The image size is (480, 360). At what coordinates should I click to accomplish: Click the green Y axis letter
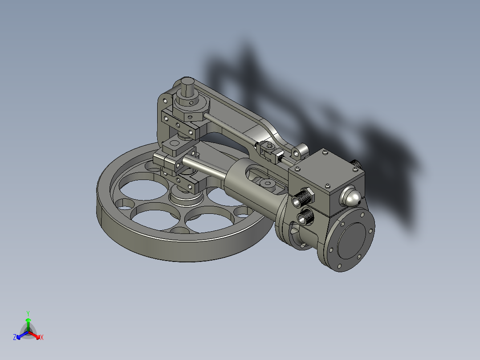pyautogui.click(x=28, y=313)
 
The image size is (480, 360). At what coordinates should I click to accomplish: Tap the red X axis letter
pyautogui.click(x=42, y=338)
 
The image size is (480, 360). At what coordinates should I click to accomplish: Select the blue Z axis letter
pyautogui.click(x=15, y=337)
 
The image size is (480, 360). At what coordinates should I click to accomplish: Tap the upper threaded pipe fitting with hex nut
pyautogui.click(x=304, y=196)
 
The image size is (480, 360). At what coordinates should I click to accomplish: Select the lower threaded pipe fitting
pyautogui.click(x=306, y=217)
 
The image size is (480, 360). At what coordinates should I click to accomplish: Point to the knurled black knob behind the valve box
pyautogui.click(x=357, y=164)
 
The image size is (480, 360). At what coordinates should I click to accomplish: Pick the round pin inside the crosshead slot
pyautogui.click(x=268, y=183)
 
